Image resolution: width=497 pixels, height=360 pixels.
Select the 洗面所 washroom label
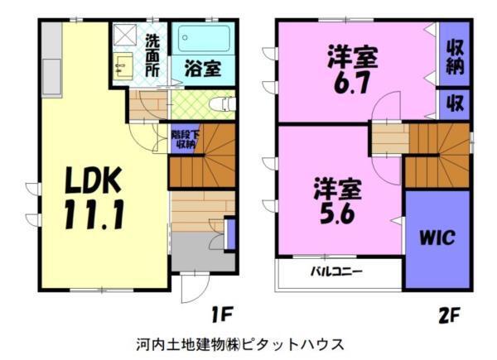(153, 56)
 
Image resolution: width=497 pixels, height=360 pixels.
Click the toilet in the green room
(220, 105)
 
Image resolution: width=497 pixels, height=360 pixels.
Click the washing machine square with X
(126, 37)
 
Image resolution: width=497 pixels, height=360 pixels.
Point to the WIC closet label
(437, 238)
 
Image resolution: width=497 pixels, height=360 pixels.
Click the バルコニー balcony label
(335, 271)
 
